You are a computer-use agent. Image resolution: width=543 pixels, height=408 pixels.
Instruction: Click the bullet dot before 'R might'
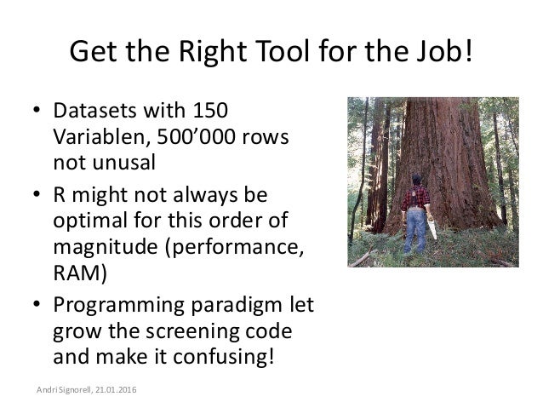[38, 198]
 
